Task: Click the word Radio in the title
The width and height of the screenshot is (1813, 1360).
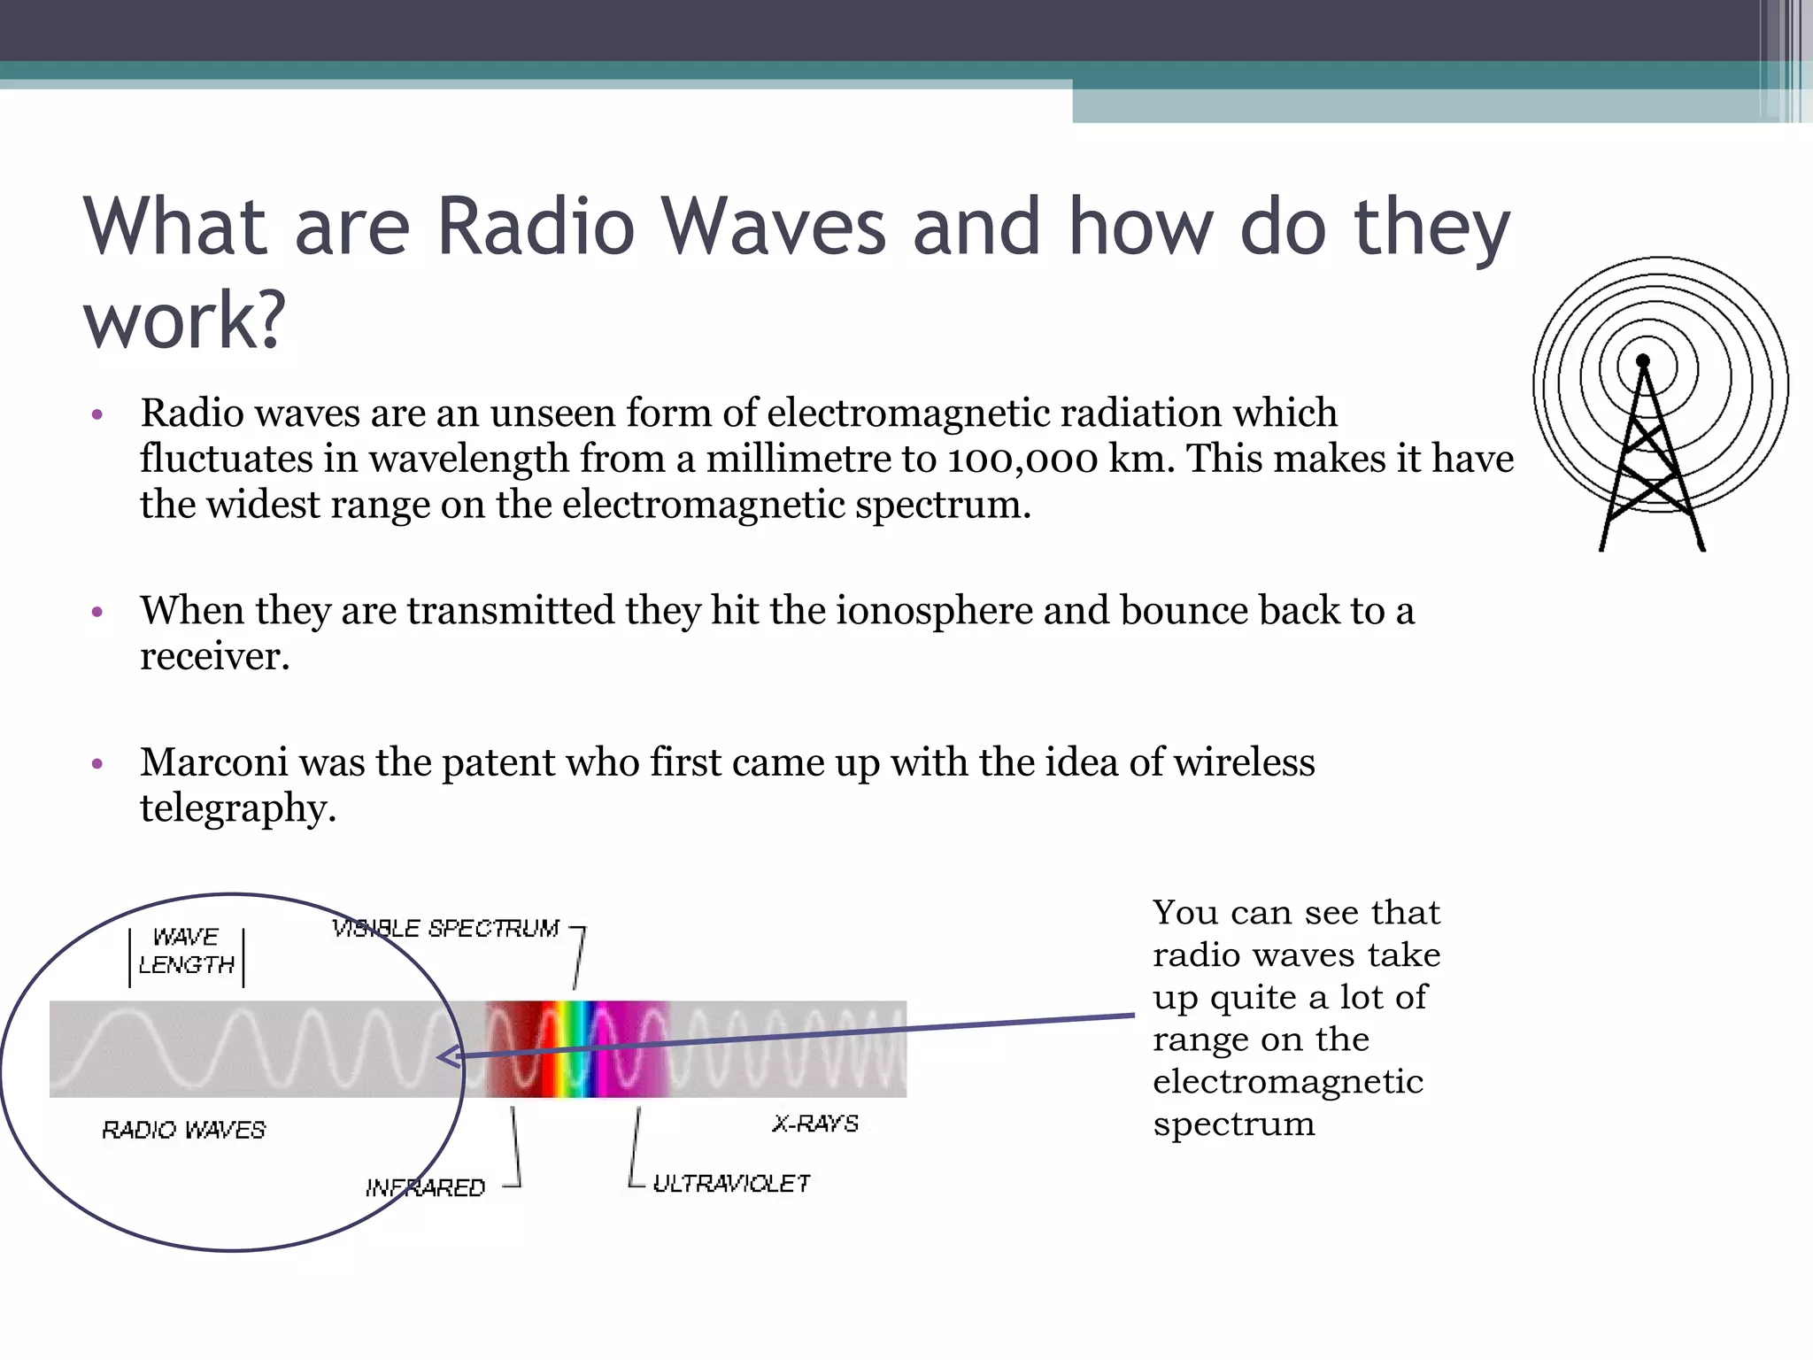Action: click(x=536, y=227)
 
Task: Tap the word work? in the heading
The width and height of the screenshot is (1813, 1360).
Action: click(x=185, y=321)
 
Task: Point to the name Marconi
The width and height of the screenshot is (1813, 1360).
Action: click(x=213, y=762)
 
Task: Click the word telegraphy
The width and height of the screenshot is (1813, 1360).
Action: click(x=237, y=808)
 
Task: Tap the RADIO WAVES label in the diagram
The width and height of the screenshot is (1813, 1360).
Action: click(x=183, y=1130)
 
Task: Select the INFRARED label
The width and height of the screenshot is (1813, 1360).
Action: click(x=425, y=1187)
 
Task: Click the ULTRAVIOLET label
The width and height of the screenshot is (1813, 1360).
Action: click(x=731, y=1184)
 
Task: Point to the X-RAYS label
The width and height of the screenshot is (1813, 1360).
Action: click(x=815, y=1124)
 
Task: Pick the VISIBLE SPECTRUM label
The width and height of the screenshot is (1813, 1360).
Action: click(x=445, y=929)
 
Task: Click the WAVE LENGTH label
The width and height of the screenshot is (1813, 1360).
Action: click(x=186, y=951)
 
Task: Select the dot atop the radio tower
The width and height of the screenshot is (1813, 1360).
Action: click(x=1643, y=360)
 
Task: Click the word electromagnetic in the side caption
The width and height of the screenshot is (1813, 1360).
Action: click(x=1287, y=1082)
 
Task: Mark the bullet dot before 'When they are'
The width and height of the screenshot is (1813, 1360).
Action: click(x=98, y=612)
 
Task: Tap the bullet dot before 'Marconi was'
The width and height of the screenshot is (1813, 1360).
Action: click(x=98, y=763)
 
